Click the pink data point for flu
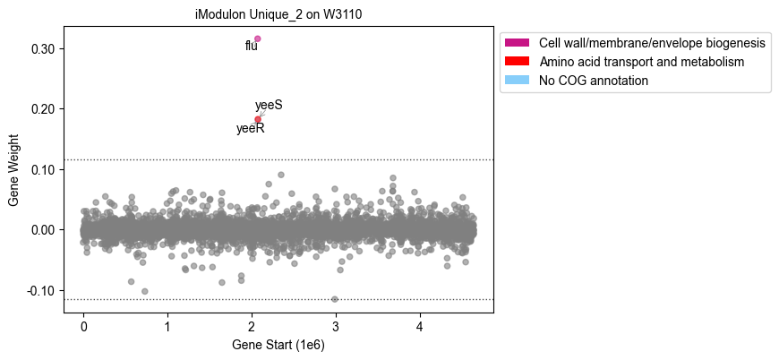(257, 39)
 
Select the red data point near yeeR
(258, 119)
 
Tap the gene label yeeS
(269, 106)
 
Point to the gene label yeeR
(251, 129)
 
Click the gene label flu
(252, 47)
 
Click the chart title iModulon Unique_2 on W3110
(278, 14)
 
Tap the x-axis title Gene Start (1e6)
(278, 345)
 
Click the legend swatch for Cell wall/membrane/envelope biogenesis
(518, 43)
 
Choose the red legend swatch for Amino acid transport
(518, 62)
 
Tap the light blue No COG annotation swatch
(518, 80)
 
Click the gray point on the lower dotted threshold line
(335, 299)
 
